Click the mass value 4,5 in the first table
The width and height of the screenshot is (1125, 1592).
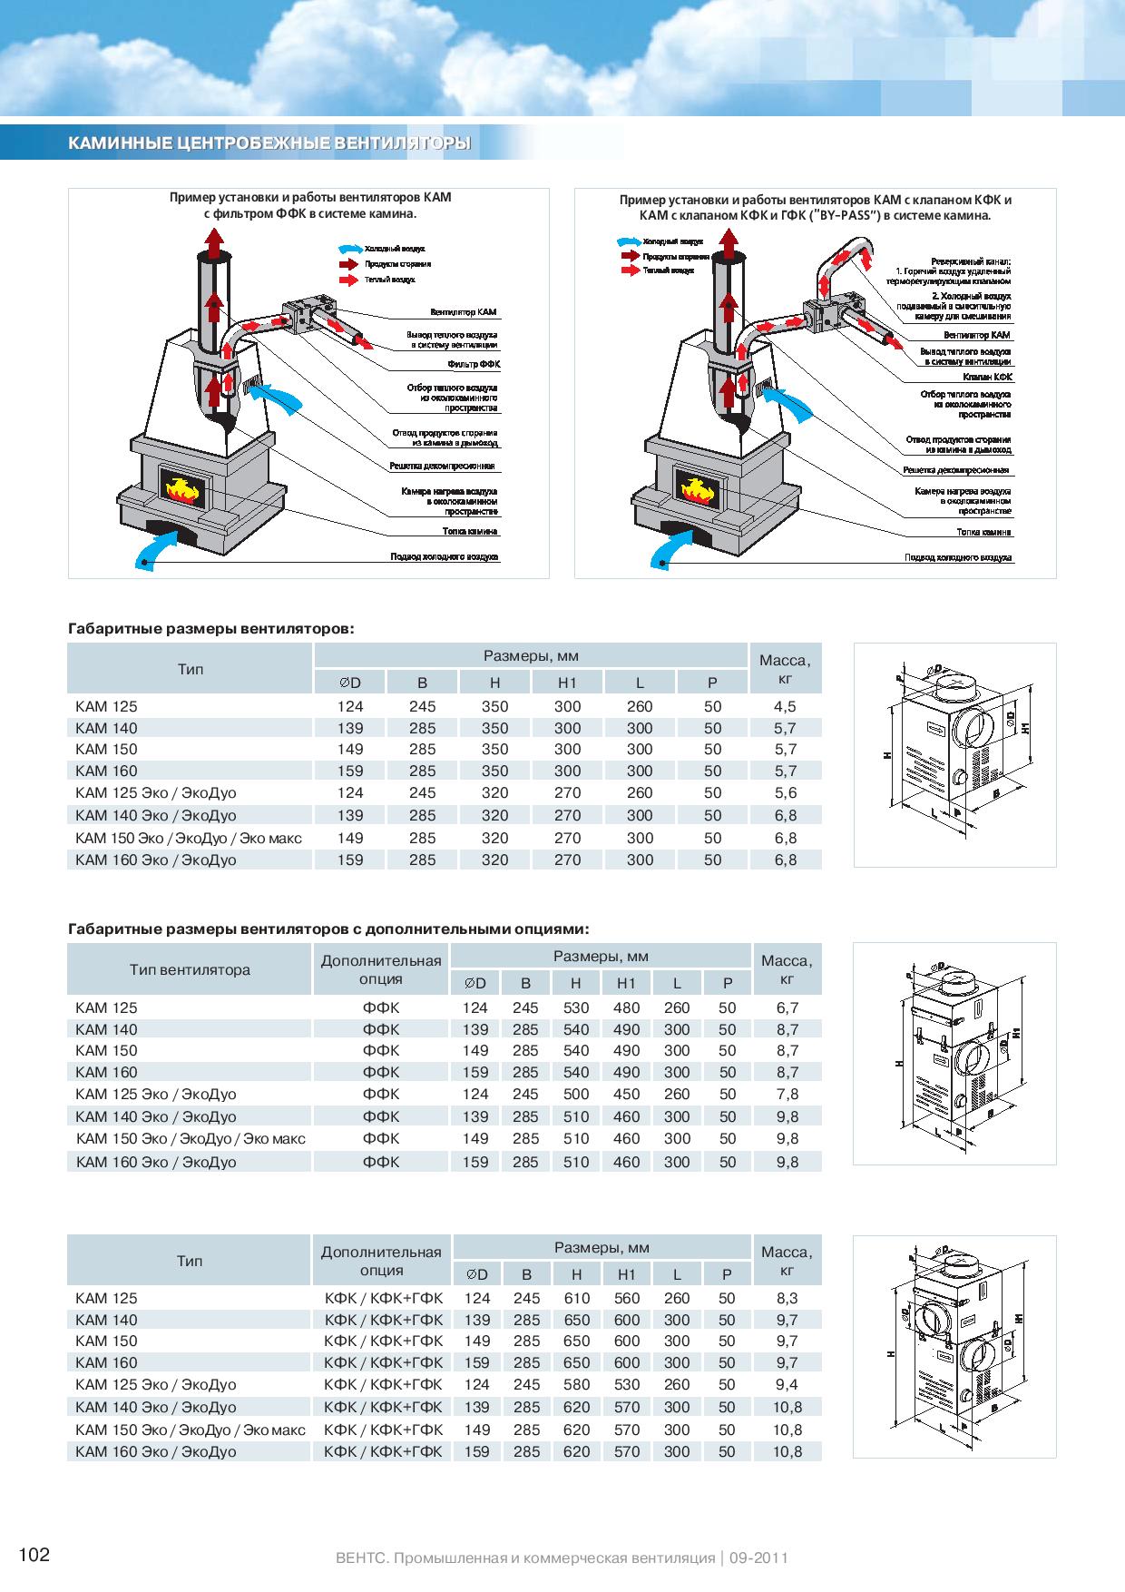[785, 706]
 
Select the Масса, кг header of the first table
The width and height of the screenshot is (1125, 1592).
[785, 670]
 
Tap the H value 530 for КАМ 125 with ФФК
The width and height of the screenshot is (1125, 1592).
[576, 1007]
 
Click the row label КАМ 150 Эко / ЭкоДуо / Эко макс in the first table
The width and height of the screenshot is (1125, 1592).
[189, 838]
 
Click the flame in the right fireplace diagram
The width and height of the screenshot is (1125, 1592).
[697, 489]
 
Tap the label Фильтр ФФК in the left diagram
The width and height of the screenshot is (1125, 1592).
[474, 364]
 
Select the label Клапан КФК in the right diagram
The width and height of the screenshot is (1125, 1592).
[988, 376]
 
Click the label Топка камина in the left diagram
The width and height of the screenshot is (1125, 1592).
[470, 531]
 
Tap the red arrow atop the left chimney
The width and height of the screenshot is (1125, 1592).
[213, 242]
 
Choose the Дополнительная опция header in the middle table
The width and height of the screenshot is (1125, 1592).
[381, 969]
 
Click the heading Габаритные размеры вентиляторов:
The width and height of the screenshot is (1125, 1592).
[211, 628]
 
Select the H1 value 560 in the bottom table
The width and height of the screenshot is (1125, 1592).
[627, 1298]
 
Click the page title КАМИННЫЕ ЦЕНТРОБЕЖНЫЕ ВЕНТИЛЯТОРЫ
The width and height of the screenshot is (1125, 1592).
[269, 143]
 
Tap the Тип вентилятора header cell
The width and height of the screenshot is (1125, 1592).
[190, 969]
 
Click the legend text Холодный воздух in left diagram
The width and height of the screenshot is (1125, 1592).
[395, 248]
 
